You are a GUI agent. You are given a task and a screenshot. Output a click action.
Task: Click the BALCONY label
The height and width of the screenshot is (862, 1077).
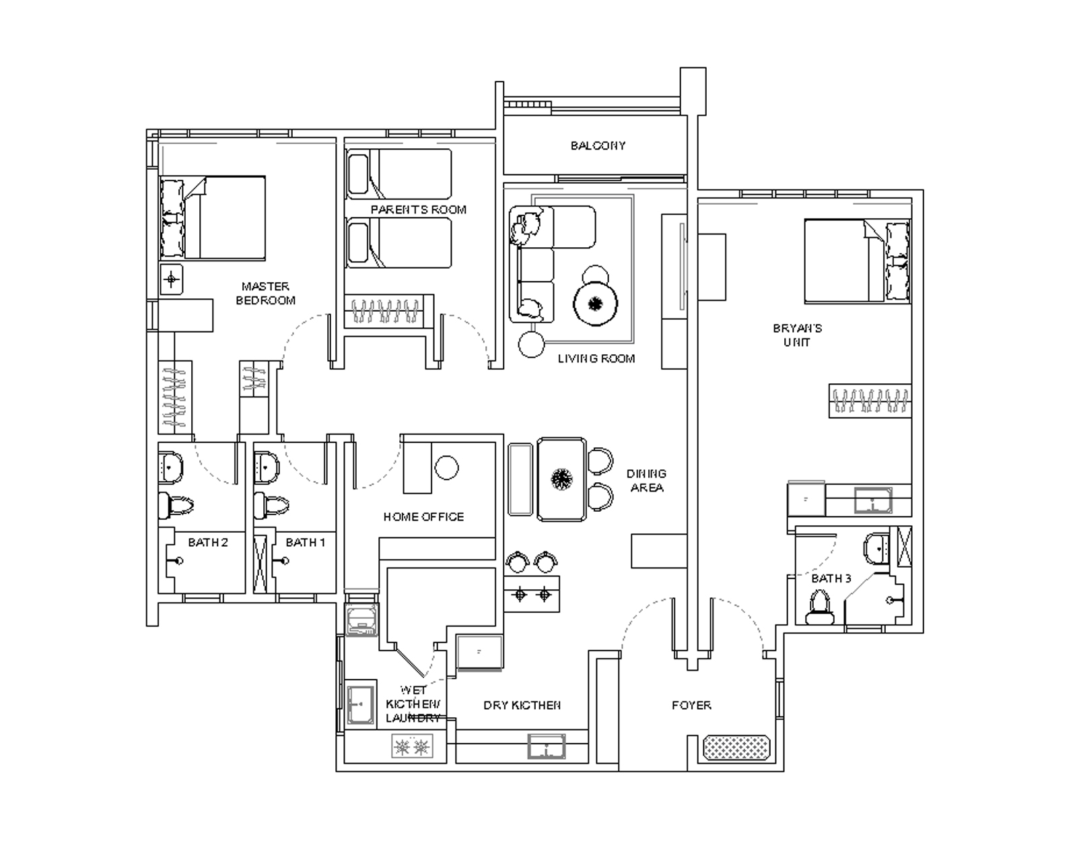tap(598, 145)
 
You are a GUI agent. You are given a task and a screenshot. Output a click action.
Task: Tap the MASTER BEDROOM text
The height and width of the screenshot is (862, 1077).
tap(265, 294)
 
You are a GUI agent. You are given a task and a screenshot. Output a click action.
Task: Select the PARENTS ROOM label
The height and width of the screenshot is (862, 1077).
tap(418, 209)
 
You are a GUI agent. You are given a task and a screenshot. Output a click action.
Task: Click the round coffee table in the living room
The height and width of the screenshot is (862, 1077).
tap(596, 304)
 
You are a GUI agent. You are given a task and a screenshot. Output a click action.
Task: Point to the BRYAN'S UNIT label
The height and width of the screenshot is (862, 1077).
tap(797, 335)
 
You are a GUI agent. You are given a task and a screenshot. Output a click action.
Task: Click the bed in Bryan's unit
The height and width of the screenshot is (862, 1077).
tap(856, 261)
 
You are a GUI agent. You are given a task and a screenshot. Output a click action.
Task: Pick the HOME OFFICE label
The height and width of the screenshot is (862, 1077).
tap(423, 517)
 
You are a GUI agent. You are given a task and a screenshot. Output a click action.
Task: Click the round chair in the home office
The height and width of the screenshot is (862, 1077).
tap(446, 467)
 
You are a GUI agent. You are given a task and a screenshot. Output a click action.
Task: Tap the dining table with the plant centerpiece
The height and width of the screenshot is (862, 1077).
tap(561, 479)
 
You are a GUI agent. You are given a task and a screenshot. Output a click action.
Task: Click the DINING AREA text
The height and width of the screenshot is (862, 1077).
tap(646, 480)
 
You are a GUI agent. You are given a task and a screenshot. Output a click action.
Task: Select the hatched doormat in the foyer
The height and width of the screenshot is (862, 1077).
tap(736, 748)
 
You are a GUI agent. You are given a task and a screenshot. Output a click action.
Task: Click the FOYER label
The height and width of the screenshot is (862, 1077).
tap(691, 705)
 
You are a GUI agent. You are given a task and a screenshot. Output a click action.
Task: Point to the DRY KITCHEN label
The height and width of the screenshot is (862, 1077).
tap(522, 705)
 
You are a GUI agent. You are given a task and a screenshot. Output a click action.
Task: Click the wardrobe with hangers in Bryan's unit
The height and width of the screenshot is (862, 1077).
tap(869, 401)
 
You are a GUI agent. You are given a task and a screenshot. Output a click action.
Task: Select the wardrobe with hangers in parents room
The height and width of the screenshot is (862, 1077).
tap(384, 311)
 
